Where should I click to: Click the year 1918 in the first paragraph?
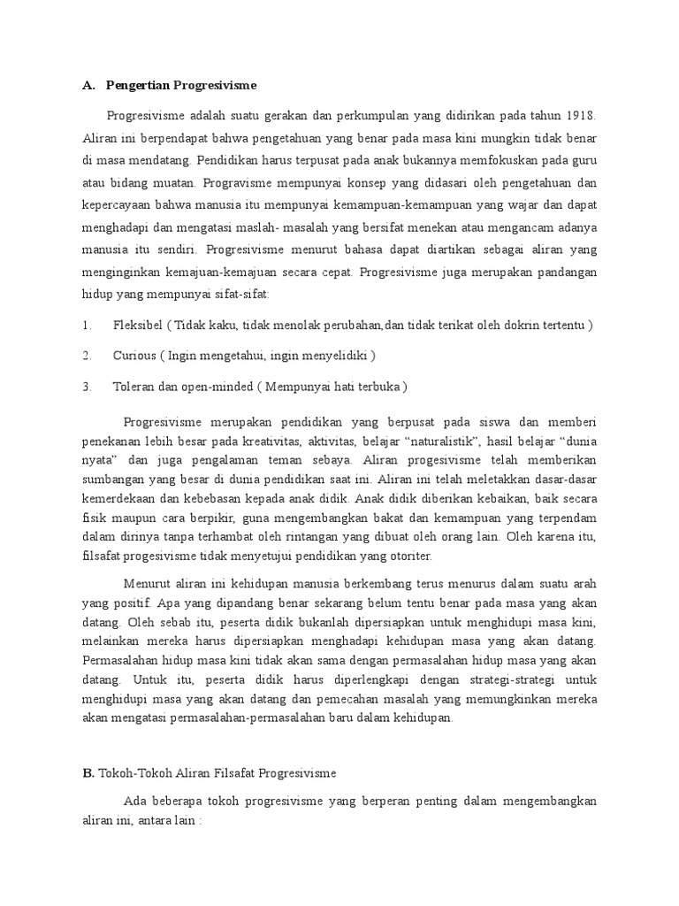(x=580, y=116)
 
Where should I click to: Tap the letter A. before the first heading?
(x=88, y=86)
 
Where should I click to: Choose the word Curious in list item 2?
(x=134, y=356)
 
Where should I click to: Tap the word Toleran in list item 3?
(x=134, y=387)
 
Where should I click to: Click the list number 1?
(x=87, y=325)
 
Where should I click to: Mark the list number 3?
(x=87, y=387)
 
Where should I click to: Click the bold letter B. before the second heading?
(x=88, y=772)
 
